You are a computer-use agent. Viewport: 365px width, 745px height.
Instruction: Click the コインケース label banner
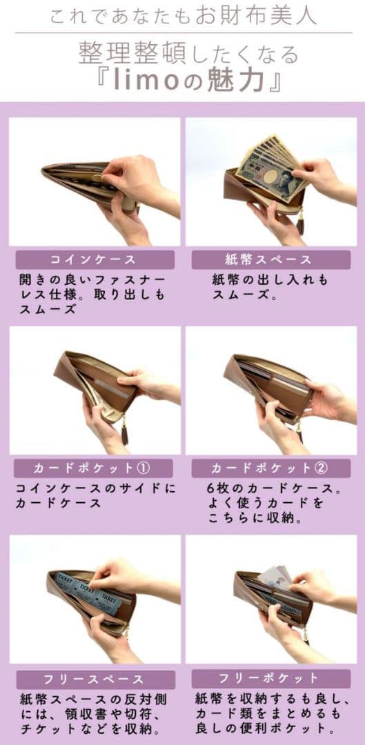click(x=93, y=260)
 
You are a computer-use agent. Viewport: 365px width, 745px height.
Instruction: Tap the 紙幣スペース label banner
click(x=270, y=260)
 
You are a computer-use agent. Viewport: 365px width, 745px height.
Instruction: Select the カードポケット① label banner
click(x=93, y=468)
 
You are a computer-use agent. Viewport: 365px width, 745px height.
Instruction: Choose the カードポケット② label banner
click(x=270, y=468)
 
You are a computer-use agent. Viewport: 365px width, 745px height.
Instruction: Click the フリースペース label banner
click(x=93, y=679)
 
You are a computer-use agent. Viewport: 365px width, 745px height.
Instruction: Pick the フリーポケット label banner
click(x=270, y=677)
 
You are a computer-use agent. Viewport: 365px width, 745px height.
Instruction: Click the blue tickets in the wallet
click(x=90, y=591)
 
